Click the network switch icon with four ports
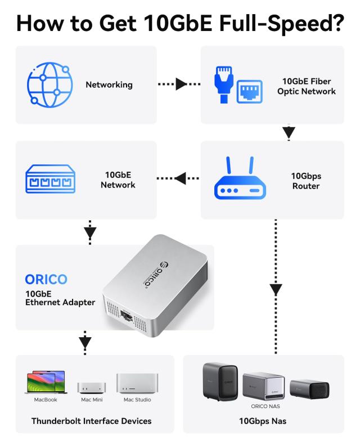(x=49, y=180)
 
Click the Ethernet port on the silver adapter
(x=128, y=319)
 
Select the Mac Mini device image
(x=91, y=388)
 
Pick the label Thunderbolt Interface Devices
(x=91, y=420)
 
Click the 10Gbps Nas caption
(x=263, y=420)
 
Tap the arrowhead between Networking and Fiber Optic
(x=181, y=84)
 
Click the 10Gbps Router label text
(x=306, y=180)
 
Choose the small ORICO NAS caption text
(x=265, y=405)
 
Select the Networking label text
(x=109, y=85)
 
